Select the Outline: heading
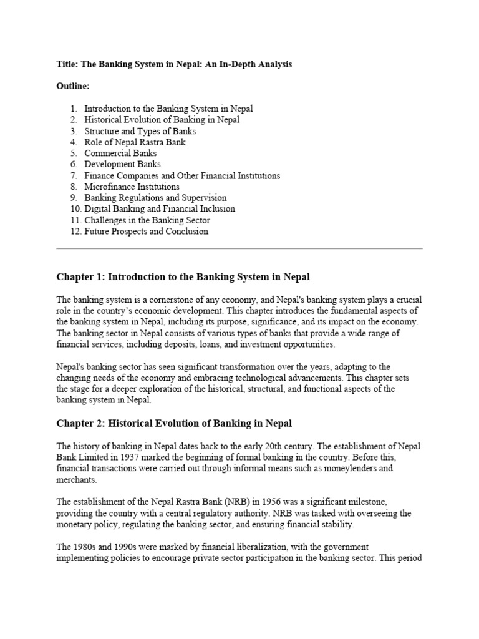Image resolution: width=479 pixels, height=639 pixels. [73, 86]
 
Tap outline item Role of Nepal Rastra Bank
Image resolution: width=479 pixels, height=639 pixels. [135, 142]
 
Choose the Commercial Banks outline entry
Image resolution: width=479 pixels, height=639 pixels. [120, 154]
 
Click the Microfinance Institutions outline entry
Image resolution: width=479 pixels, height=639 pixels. [132, 187]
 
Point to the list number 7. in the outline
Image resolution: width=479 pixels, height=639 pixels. [74, 176]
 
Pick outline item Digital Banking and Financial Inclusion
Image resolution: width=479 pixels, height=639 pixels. [160, 209]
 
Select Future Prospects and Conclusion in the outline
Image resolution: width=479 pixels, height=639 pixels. [146, 232]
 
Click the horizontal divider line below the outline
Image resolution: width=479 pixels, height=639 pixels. [239, 248]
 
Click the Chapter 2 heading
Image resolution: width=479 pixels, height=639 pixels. [174, 424]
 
